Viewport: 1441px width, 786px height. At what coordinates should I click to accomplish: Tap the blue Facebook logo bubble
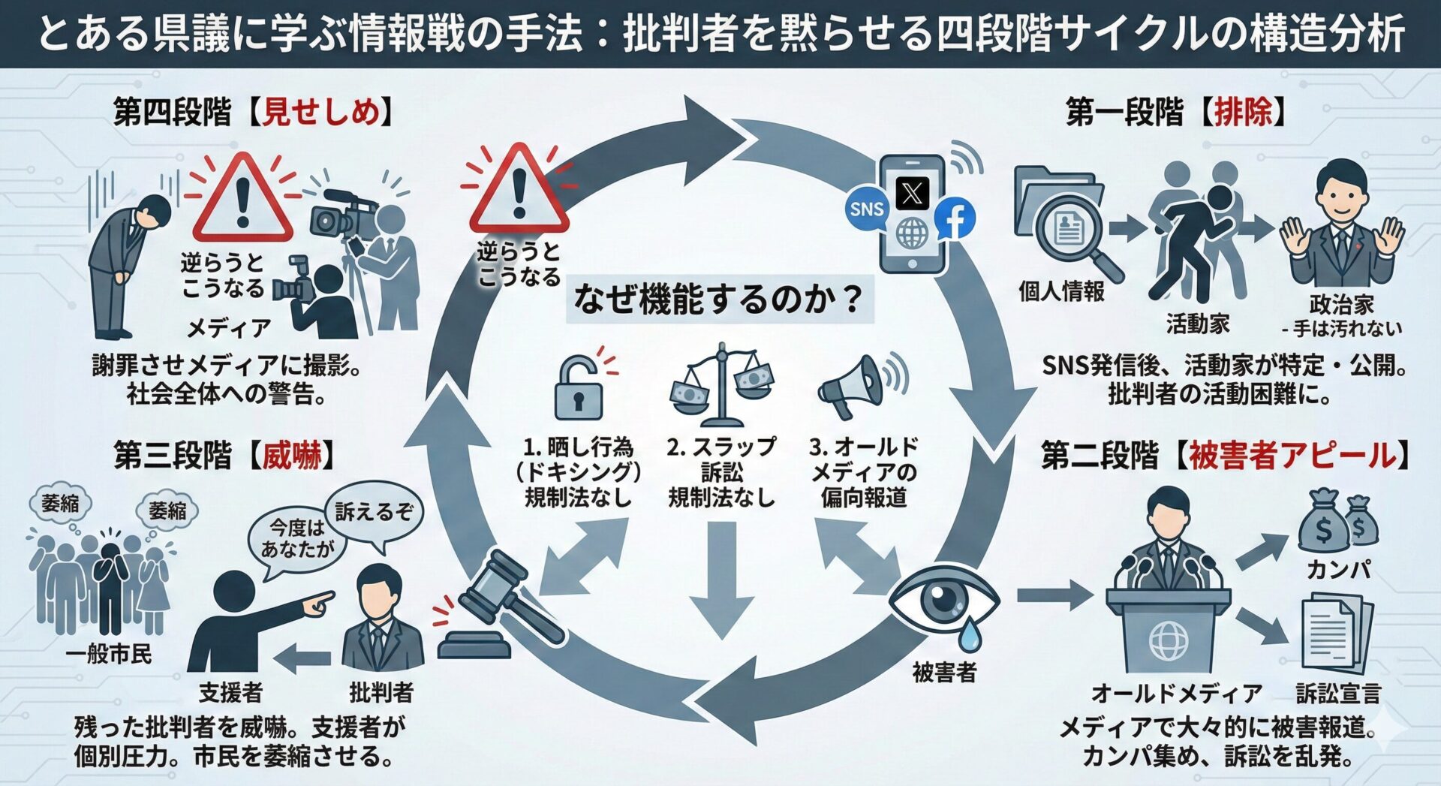pos(955,218)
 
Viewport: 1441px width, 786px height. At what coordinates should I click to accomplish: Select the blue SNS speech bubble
pos(866,208)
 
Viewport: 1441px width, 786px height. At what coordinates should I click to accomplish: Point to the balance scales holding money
pos(721,385)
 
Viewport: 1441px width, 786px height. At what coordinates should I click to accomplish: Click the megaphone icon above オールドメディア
pos(856,386)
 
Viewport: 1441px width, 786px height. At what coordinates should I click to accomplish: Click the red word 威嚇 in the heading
pos(292,455)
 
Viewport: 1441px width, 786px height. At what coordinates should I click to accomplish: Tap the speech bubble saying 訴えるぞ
pos(374,512)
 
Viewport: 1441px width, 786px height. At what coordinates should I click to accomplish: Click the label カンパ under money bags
pos(1338,570)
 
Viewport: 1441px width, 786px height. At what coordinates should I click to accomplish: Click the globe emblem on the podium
pos(1169,640)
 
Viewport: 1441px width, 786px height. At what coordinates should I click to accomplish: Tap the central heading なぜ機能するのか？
pos(718,300)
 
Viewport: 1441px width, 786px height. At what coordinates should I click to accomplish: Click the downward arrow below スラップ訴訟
pos(721,578)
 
